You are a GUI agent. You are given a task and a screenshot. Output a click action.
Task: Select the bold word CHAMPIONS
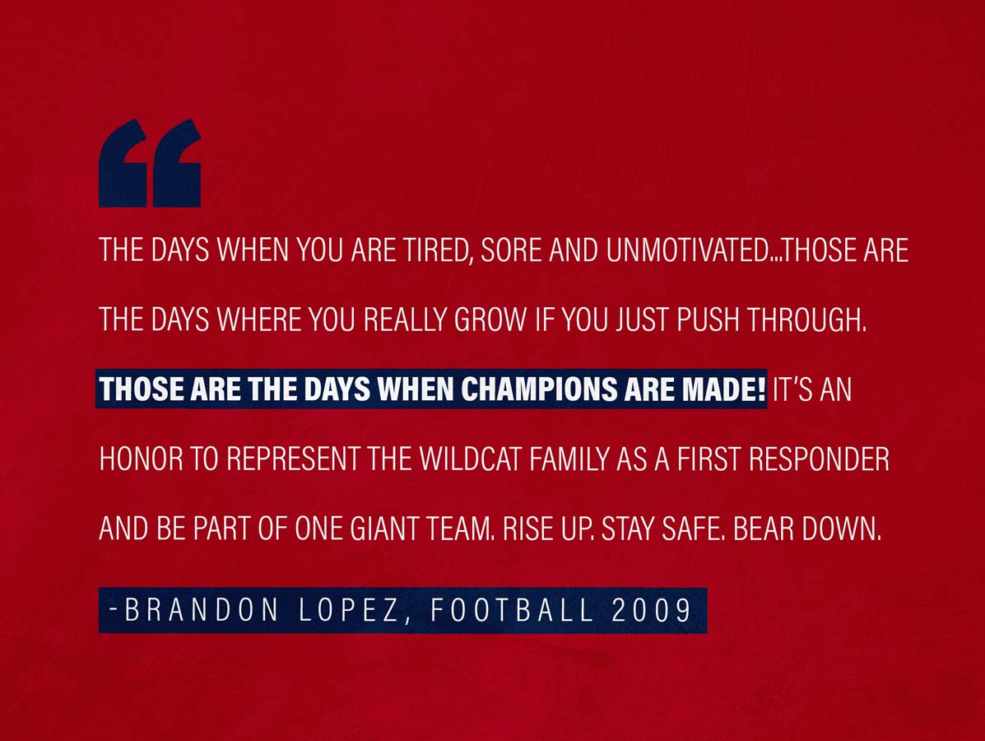(540, 389)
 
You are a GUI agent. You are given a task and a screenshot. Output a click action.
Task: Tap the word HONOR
(142, 459)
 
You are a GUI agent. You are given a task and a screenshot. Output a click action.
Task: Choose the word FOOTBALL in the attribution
(512, 609)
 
